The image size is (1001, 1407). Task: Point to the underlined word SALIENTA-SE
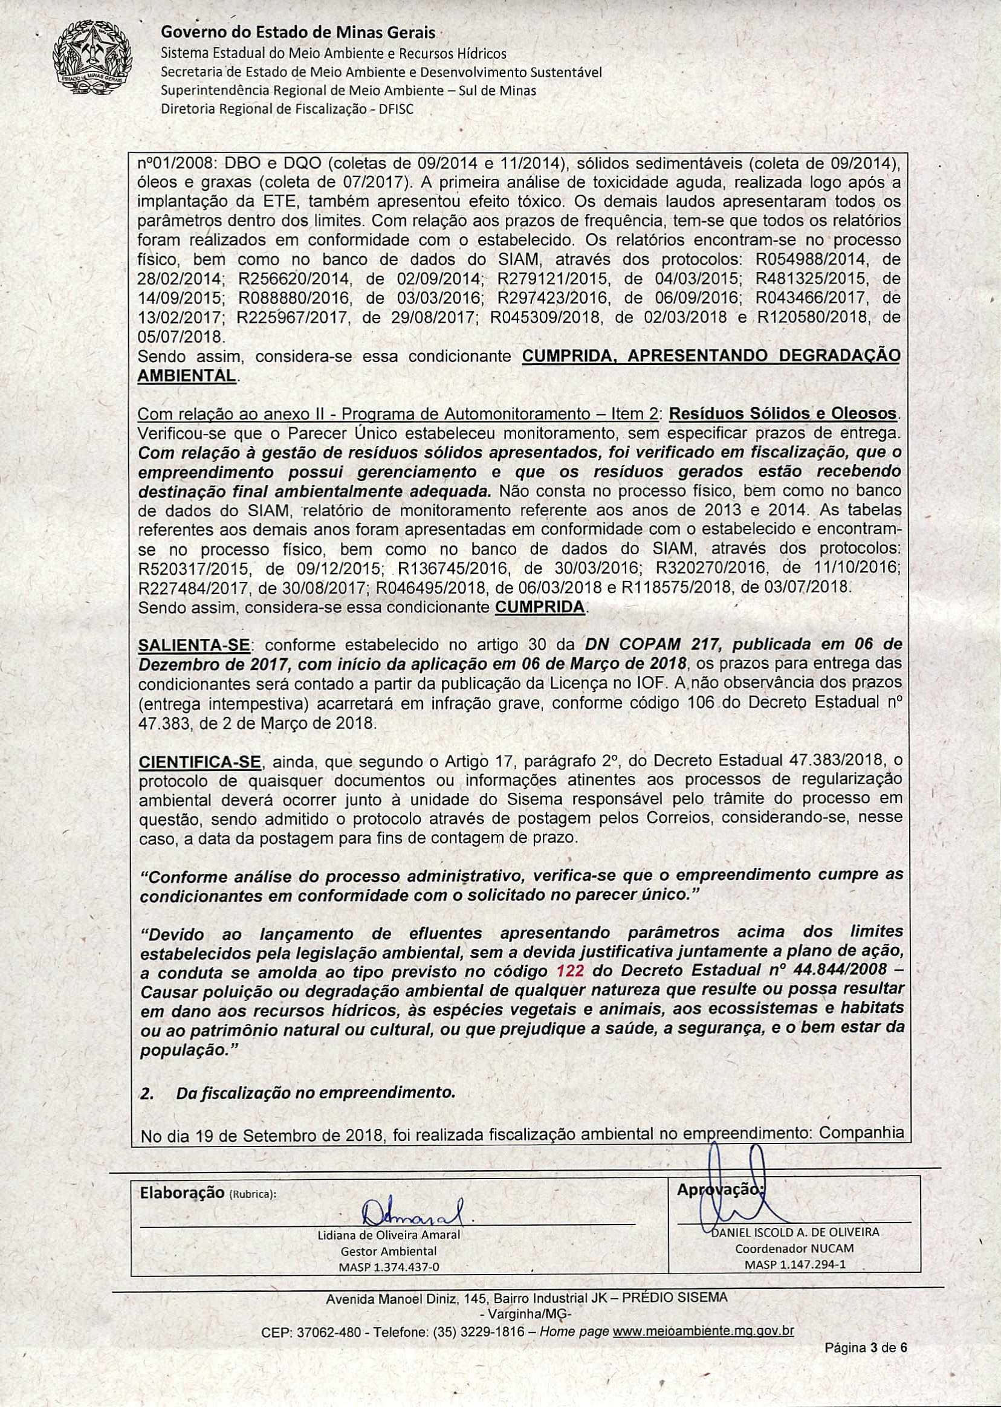tap(194, 645)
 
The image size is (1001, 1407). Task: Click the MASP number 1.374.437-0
tap(388, 1267)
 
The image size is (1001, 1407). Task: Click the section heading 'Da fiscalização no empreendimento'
tap(315, 1093)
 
